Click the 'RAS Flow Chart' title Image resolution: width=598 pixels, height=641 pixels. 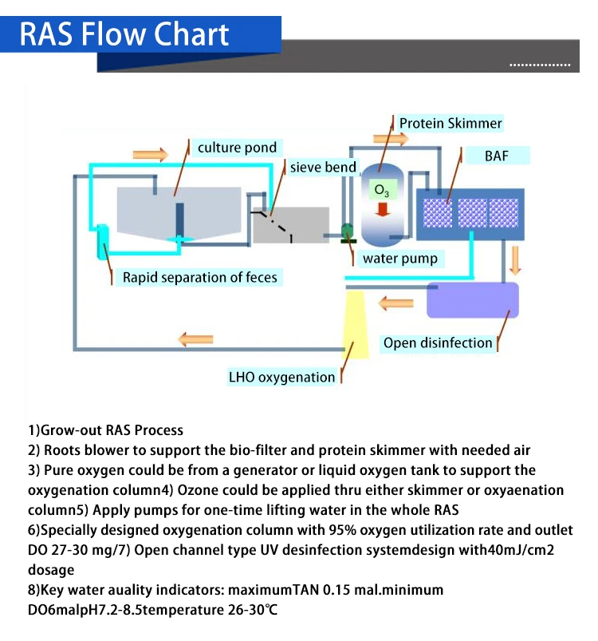coord(124,34)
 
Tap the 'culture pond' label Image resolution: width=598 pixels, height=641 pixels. coord(237,147)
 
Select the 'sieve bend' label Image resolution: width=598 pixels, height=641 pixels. coord(323,168)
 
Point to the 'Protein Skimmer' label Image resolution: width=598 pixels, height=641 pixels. coord(450,123)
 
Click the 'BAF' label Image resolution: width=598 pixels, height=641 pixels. coord(496,155)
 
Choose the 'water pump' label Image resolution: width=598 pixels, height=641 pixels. coord(399,259)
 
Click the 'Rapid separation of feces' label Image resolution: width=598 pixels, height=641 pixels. coord(199,278)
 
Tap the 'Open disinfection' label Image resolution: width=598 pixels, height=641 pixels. coord(438,343)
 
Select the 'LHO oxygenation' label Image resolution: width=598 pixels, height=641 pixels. coord(281,377)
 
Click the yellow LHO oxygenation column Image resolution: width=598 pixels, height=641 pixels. coord(355,323)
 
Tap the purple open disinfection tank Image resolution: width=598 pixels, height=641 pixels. coord(473,300)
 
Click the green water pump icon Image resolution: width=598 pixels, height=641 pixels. coord(347,232)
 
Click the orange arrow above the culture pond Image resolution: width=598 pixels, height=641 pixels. coord(151,153)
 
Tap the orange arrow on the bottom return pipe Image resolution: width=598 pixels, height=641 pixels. coord(195,339)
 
